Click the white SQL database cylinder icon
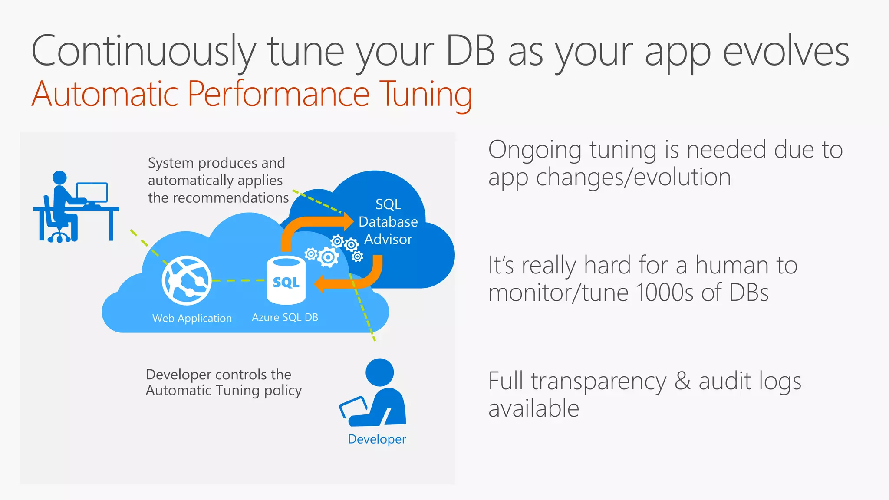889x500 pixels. click(x=286, y=280)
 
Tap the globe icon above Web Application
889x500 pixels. click(x=187, y=280)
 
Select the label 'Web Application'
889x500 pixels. click(x=192, y=318)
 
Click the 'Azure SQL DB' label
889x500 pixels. click(x=285, y=317)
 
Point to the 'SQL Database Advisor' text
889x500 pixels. click(x=388, y=222)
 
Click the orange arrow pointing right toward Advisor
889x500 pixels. click(x=317, y=226)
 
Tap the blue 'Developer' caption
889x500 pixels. click(x=377, y=439)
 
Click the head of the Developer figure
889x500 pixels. click(x=380, y=372)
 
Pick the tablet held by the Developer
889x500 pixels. click(x=353, y=407)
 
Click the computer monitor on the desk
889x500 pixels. click(x=92, y=192)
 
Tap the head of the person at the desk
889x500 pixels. click(x=59, y=178)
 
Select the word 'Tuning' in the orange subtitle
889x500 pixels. click(x=425, y=94)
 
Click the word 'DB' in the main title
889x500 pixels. click(x=471, y=51)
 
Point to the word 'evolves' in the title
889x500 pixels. click(x=786, y=51)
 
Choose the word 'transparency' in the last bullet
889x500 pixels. click(x=599, y=382)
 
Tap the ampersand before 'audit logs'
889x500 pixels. click(x=682, y=381)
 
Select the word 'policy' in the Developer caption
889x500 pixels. click(x=283, y=391)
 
